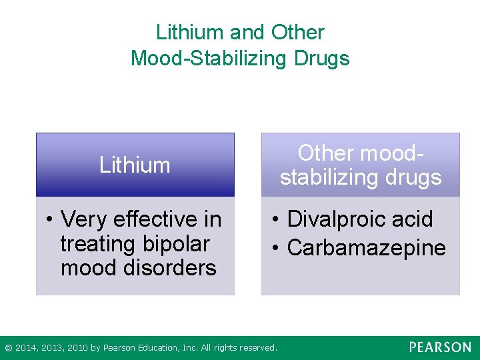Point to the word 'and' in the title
247,32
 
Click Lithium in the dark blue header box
135,165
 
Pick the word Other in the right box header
326,153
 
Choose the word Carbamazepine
366,248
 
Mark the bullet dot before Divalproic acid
275,219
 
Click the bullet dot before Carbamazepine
275,249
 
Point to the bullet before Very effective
49,219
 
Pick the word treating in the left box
97,243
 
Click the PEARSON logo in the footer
440,347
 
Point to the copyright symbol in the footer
8,348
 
